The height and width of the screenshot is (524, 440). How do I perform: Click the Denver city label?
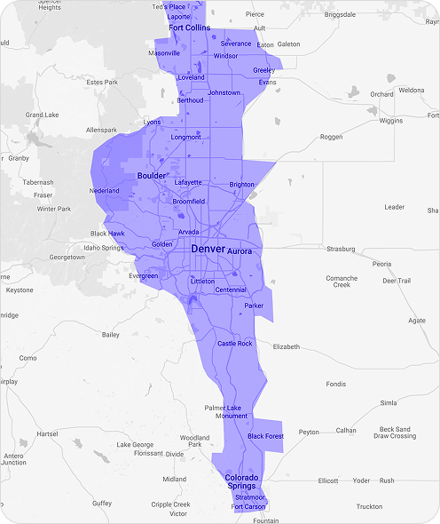pyautogui.click(x=208, y=250)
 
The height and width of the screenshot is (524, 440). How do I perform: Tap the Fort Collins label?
pyautogui.click(x=189, y=28)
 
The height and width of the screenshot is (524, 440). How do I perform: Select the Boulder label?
pyautogui.click(x=151, y=176)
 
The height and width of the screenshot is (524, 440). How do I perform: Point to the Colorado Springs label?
pyautogui.click(x=241, y=481)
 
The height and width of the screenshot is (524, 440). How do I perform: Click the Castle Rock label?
pyautogui.click(x=235, y=344)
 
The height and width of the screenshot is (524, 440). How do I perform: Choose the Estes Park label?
pyautogui.click(x=103, y=83)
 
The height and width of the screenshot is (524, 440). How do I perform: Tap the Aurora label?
pyautogui.click(x=240, y=251)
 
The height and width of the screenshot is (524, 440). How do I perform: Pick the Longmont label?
pyautogui.click(x=186, y=137)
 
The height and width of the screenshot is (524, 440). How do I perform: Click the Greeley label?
pyautogui.click(x=263, y=70)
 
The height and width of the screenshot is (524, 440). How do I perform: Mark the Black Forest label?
pyautogui.click(x=265, y=436)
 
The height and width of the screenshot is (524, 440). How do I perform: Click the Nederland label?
pyautogui.click(x=104, y=191)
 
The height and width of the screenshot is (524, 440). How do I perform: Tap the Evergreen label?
pyautogui.click(x=143, y=276)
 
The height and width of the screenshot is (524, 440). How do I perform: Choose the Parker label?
pyautogui.click(x=255, y=306)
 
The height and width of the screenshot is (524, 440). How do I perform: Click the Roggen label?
pyautogui.click(x=331, y=137)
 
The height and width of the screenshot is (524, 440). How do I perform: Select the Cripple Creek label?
pyautogui.click(x=170, y=504)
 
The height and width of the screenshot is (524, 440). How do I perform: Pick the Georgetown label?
pyautogui.click(x=67, y=258)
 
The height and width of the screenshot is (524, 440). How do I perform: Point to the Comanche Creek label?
pyautogui.click(x=342, y=282)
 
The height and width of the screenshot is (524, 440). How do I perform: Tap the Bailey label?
pyautogui.click(x=111, y=335)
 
